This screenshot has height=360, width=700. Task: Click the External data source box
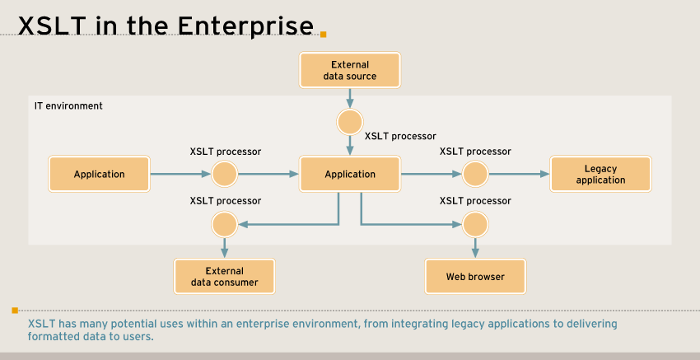tap(350, 70)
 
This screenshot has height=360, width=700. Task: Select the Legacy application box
tap(600, 174)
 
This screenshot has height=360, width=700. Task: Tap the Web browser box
tap(475, 276)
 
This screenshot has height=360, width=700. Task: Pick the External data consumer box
tap(224, 276)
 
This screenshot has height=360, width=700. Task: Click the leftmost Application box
tap(100, 174)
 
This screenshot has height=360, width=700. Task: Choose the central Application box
tap(350, 174)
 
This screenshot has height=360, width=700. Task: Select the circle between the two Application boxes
tap(225, 174)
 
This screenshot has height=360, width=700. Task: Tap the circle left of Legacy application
tap(475, 174)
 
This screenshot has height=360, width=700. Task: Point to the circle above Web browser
tap(475, 224)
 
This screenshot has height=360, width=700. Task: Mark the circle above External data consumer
tap(224, 224)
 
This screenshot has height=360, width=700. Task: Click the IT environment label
tap(68, 106)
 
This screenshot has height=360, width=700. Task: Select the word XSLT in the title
tap(52, 26)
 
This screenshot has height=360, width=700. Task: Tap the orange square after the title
tap(324, 35)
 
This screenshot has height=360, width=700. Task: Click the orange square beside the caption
tap(15, 311)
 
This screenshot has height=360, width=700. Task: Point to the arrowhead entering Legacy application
tap(544, 174)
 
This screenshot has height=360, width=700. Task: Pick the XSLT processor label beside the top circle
tap(400, 136)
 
